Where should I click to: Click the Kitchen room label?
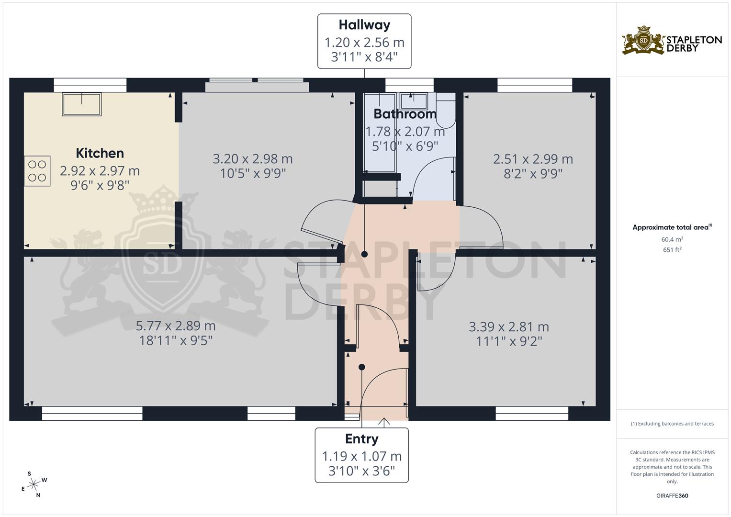[100, 153]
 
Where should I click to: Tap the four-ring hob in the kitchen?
[37, 171]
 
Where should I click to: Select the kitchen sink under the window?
[81, 104]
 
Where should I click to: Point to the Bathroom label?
[405, 114]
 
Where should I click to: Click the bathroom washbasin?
[414, 101]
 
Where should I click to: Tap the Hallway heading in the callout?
[364, 25]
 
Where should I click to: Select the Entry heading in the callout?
[361, 439]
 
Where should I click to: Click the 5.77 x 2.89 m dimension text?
[176, 326]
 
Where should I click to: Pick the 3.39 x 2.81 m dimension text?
[508, 327]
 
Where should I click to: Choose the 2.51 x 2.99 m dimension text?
[533, 159]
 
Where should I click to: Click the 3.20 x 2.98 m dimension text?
[252, 159]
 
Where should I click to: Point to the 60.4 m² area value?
[672, 239]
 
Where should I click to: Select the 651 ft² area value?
[672, 249]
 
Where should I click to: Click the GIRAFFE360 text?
[672, 495]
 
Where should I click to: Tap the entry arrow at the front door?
[383, 422]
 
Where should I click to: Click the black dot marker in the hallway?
[364, 254]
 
